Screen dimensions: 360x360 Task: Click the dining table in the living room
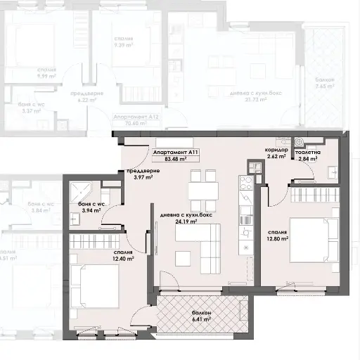click(202, 191)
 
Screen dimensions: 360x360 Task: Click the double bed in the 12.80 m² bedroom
click(309, 240)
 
